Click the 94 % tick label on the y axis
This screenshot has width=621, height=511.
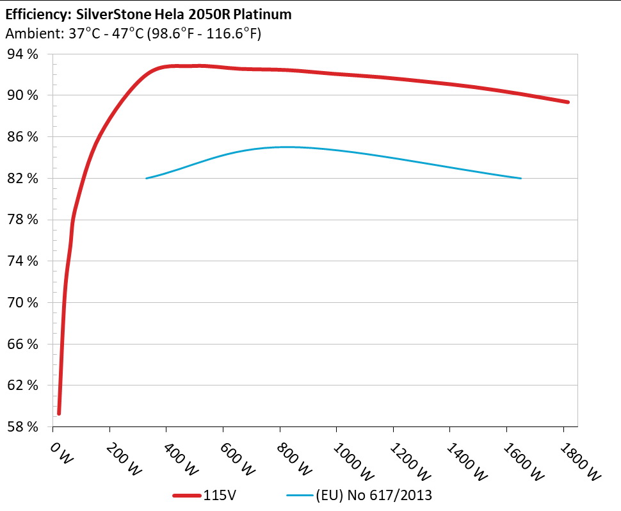click(23, 54)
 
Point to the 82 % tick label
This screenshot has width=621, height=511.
click(23, 179)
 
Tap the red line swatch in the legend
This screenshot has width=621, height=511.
click(187, 495)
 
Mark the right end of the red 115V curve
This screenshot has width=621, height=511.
click(568, 102)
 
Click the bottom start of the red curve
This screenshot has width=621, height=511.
click(59, 413)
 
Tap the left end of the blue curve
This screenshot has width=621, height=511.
click(147, 178)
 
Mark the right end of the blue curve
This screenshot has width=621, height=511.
click(521, 178)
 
